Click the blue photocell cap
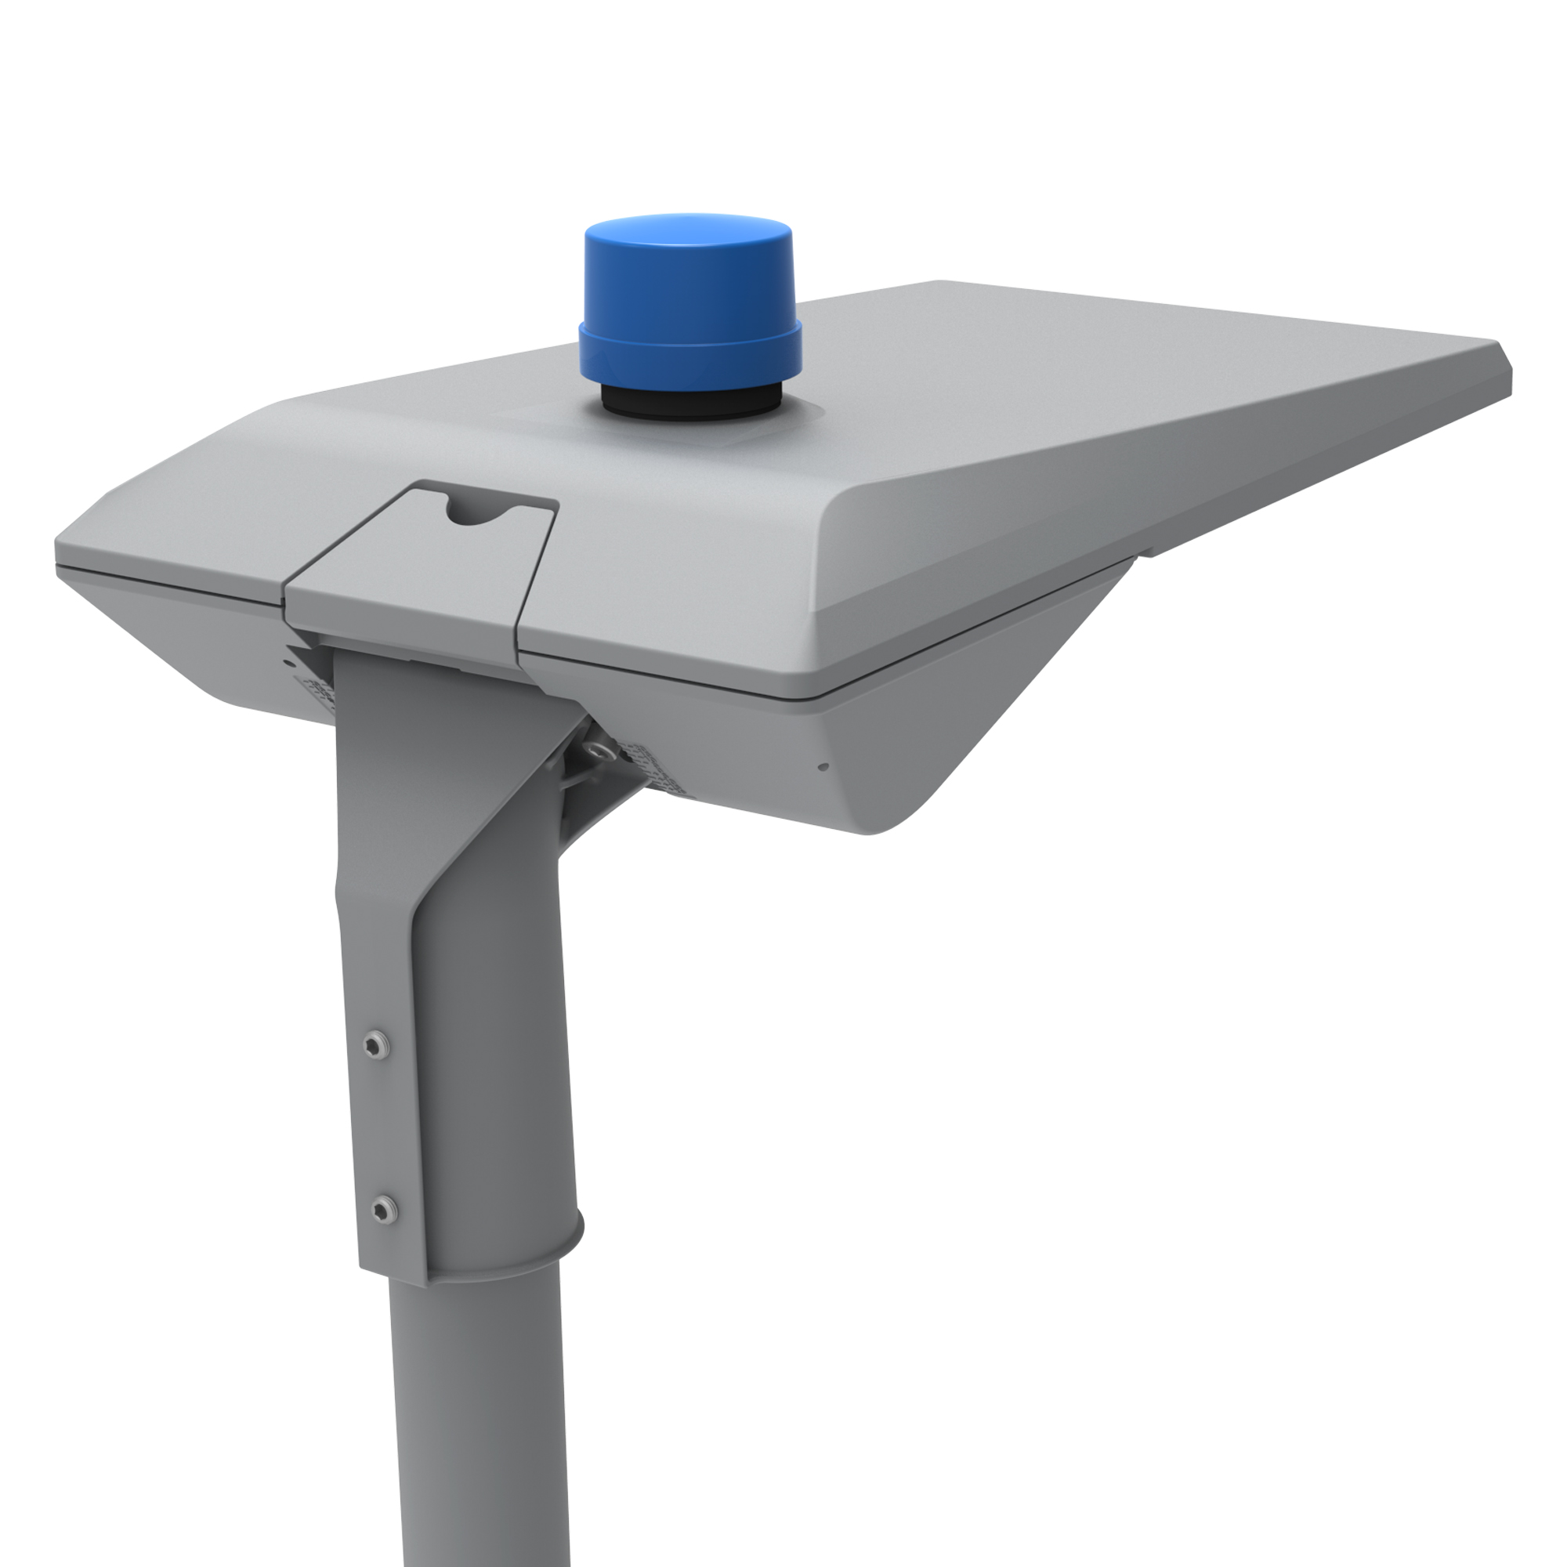coord(689,284)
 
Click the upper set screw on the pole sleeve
coord(375,1044)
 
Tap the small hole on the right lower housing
coord(824,766)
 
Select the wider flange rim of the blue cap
coord(689,345)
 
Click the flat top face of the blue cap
coord(689,227)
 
